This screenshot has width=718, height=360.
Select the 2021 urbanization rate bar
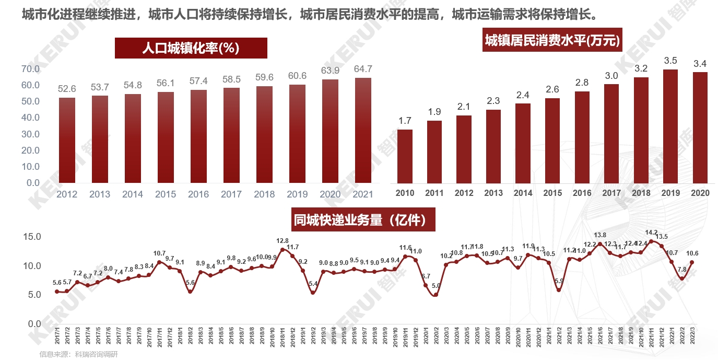pos(363,130)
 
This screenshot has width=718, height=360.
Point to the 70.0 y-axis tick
pos(30,69)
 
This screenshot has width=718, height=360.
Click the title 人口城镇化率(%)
pos(191,48)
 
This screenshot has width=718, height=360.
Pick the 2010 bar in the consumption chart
pos(405,157)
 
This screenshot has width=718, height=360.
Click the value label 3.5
pos(670,61)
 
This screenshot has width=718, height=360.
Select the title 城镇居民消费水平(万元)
pos(552,41)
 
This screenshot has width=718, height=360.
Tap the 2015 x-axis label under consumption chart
pos(552,193)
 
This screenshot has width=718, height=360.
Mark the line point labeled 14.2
pos(651,241)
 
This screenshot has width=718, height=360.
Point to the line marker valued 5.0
pos(435,295)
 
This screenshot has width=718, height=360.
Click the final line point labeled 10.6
pos(692,262)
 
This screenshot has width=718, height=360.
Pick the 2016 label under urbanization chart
pos(198,195)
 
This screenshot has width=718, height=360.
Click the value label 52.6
pos(67,89)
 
